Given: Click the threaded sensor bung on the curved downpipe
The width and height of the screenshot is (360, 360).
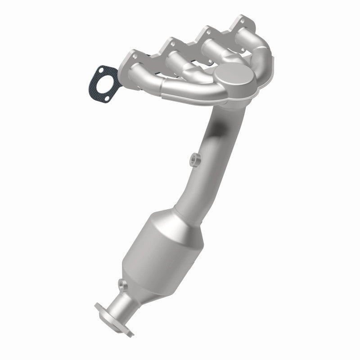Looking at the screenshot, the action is [194, 158].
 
